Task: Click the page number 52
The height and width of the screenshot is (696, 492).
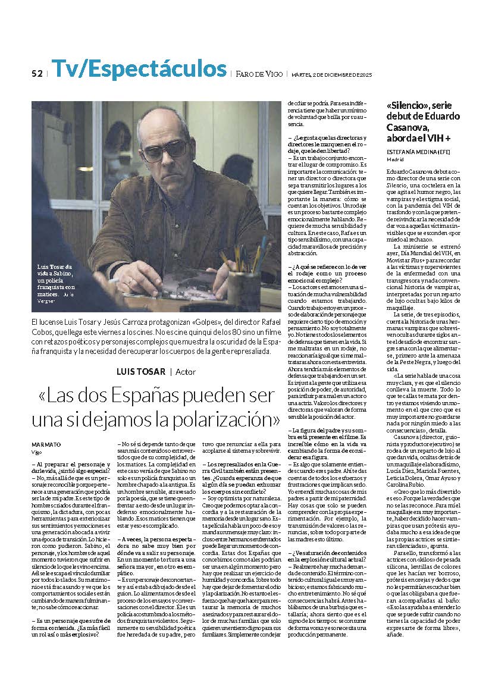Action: coord(37,74)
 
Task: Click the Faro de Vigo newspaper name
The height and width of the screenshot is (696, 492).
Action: coord(258,74)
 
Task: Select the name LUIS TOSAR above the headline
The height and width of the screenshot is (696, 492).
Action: coord(142,372)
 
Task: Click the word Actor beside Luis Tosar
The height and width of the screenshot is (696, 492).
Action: coord(186,372)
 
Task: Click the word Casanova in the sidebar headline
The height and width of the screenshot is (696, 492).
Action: coord(408,127)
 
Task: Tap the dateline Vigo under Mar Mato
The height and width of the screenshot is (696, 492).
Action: coord(36,452)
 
